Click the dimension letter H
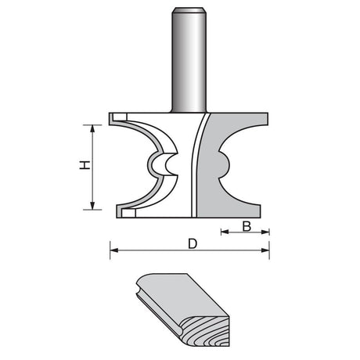[85, 165]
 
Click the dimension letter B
[247, 226]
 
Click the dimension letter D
[193, 244]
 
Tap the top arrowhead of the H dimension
[92, 129]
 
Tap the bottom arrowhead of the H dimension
[92, 206]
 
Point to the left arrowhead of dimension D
[114, 250]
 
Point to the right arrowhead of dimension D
[265, 250]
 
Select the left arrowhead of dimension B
[225, 232]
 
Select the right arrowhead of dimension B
[265, 232]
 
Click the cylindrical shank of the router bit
[189, 60]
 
